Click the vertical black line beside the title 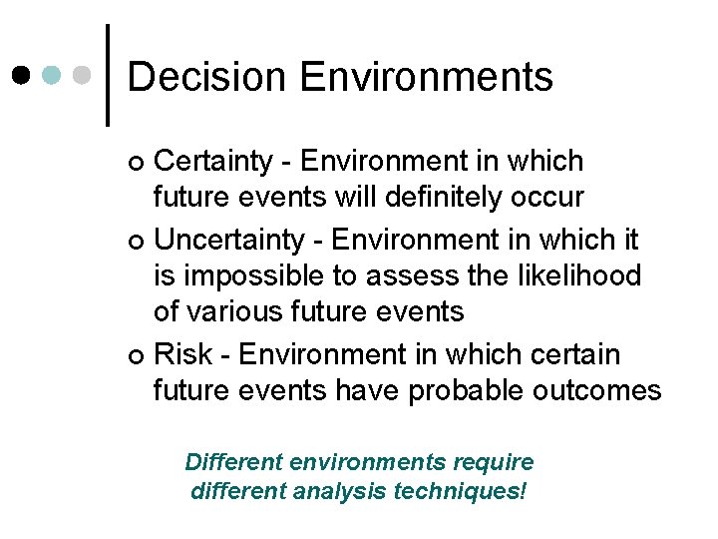tap(107, 75)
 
